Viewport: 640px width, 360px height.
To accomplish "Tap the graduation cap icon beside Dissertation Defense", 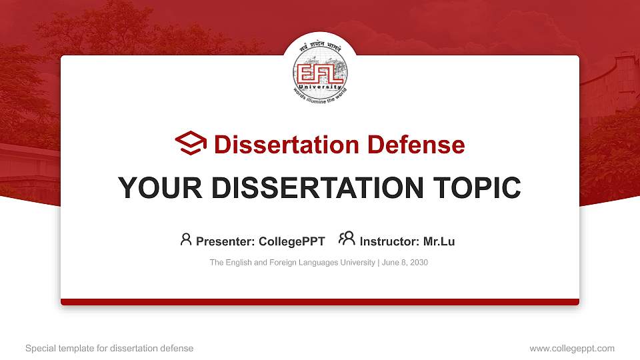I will [191, 144].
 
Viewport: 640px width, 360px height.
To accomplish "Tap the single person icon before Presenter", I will [186, 239].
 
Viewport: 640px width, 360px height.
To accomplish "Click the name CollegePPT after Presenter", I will [292, 241].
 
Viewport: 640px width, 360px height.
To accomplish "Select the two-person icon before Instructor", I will [347, 239].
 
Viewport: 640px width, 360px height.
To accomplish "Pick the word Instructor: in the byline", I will [389, 241].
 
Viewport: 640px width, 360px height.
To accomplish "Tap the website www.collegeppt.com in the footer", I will [571, 348].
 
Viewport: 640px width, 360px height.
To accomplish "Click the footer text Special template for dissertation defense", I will [109, 348].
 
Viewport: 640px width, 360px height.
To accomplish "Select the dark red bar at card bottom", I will [320, 302].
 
